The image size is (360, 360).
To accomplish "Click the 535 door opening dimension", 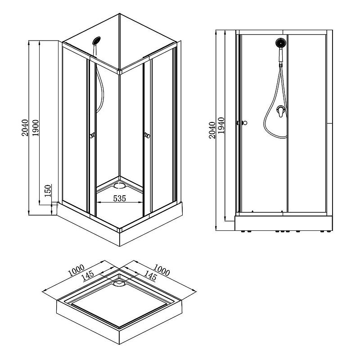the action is point(120,198).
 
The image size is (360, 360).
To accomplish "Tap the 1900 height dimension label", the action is point(36,128).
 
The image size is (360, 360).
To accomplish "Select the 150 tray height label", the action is point(48,191).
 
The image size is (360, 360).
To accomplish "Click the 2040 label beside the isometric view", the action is point(25,128).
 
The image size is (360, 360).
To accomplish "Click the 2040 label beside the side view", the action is point(212,130).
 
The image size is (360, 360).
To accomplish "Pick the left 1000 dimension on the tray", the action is point(76,270).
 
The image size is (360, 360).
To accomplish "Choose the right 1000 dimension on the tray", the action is point(162,270).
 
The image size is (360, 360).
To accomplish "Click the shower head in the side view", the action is point(280,43).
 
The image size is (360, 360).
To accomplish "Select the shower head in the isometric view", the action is point(96,40).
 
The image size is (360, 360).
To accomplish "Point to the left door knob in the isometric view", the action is point(93,136).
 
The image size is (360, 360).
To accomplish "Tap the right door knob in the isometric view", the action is point(147,136).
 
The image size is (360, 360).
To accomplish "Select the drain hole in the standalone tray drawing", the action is point(119,283).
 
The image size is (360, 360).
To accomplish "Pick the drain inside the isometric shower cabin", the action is point(120,185).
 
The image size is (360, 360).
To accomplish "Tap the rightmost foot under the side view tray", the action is point(329,231).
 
